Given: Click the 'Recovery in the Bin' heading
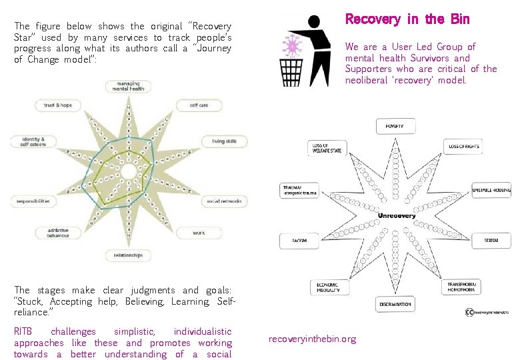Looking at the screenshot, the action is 407,19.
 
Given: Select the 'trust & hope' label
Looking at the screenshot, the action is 58,105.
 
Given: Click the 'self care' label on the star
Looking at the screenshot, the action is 199,105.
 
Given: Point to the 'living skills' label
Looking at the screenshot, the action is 224,141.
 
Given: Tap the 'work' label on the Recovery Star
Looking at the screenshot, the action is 198,233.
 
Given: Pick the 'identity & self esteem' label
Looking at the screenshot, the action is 29,141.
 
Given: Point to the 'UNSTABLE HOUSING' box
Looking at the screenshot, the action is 491,190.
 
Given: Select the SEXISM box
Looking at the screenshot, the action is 491,240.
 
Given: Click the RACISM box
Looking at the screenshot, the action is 299,240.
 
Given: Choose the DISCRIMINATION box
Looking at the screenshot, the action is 395,304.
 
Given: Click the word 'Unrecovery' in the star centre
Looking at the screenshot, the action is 397,215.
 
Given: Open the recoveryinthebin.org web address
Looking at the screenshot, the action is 312,339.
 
